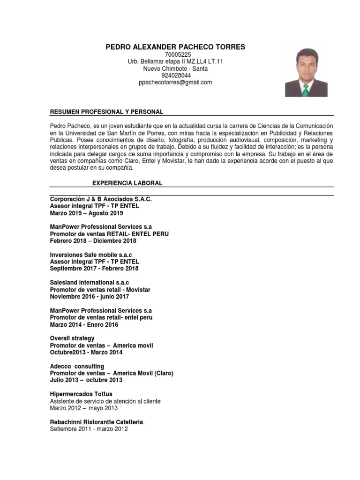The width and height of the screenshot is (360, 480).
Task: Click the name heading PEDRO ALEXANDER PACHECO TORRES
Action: [175, 47]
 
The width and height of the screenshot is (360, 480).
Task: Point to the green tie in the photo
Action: [306, 90]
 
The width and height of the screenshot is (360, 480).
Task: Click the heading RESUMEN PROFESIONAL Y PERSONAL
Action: [106, 112]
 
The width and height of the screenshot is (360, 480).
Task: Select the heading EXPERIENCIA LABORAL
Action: [127, 183]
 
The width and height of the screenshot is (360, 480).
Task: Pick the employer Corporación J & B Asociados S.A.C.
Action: [101, 199]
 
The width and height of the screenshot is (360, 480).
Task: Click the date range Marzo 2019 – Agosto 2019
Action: [86, 213]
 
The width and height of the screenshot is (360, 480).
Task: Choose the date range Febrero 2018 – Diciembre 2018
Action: [93, 241]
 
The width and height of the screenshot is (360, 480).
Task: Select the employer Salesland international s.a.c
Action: [89, 283]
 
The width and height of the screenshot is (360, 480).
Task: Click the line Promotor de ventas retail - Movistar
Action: [100, 290]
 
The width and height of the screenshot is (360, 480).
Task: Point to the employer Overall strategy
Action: [72, 338]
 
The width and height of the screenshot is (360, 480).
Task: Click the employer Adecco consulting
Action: [77, 366]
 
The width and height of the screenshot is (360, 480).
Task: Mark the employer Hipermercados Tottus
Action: [81, 394]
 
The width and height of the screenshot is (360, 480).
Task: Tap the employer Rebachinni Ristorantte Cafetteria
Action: [97, 422]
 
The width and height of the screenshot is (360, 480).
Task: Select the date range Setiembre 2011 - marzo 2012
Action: [89, 429]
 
